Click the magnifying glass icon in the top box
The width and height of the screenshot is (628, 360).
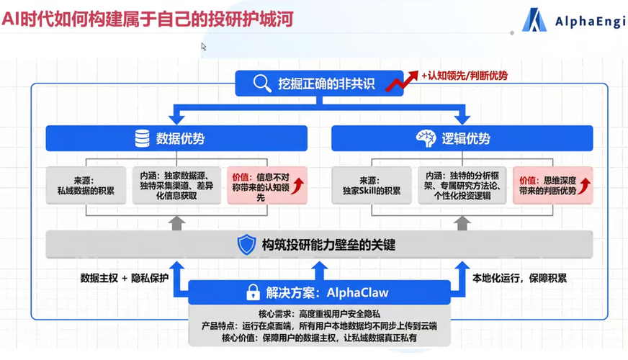click(x=261, y=84)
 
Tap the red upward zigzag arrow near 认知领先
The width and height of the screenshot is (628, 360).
click(x=402, y=81)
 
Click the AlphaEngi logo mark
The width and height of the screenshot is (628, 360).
click(x=534, y=21)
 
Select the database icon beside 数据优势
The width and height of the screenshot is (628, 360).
click(x=143, y=139)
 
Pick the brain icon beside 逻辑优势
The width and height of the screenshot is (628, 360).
click(x=426, y=139)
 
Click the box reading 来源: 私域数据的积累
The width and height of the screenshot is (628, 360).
click(x=86, y=186)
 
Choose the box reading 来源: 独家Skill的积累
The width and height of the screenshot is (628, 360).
click(x=371, y=186)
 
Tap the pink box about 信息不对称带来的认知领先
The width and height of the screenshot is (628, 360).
click(x=266, y=186)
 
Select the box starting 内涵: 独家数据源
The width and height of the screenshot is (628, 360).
click(x=176, y=186)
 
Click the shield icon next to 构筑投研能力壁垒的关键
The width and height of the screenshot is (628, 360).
click(x=246, y=245)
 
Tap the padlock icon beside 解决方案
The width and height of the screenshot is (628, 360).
click(x=253, y=292)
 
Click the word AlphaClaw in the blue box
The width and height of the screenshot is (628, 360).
click(x=357, y=292)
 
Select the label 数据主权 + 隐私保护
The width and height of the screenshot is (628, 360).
click(x=124, y=278)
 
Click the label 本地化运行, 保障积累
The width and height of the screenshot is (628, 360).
click(x=519, y=278)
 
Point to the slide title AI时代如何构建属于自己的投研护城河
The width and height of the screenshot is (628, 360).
click(x=148, y=19)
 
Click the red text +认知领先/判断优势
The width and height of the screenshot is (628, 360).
click(x=465, y=76)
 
